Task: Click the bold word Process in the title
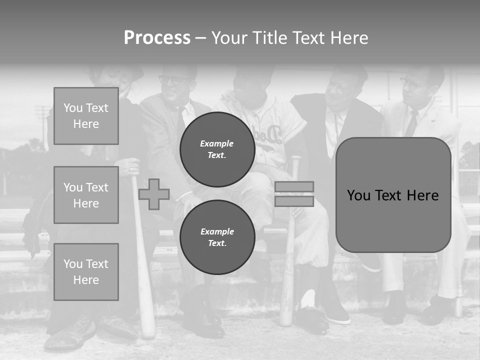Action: tap(157, 38)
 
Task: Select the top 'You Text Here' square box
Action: tap(86, 116)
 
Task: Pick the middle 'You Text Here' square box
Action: tap(86, 195)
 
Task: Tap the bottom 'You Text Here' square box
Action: tap(86, 271)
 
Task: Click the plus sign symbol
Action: tap(154, 194)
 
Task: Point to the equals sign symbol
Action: tap(294, 194)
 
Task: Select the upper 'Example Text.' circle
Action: tap(217, 149)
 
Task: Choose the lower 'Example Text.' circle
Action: tap(217, 237)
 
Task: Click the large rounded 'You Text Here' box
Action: tap(393, 195)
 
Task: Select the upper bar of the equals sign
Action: tap(294, 187)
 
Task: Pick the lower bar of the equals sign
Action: tap(294, 201)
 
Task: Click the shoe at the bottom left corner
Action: tap(70, 335)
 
